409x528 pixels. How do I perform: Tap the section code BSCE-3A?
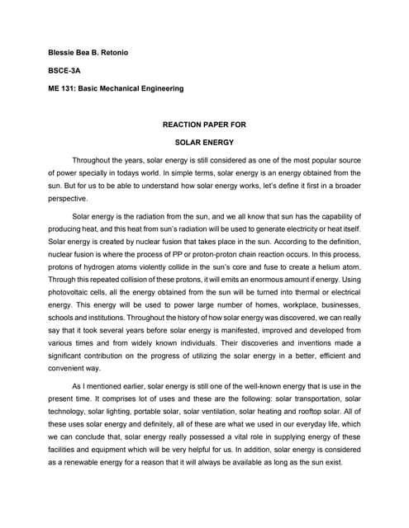pos(64,71)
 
